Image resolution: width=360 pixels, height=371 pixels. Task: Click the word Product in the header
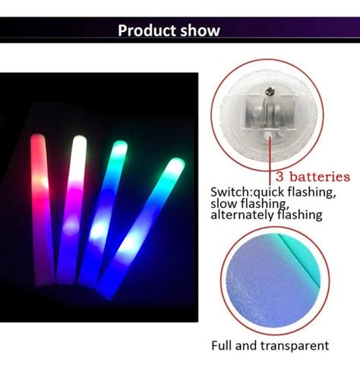click(x=147, y=31)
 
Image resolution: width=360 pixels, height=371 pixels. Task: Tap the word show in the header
click(x=201, y=30)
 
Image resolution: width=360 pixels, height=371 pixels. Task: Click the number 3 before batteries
click(x=279, y=177)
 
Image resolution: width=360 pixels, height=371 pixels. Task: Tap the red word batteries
click(x=320, y=176)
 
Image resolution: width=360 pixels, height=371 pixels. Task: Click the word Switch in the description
click(x=230, y=192)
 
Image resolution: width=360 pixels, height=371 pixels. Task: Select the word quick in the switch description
click(x=269, y=193)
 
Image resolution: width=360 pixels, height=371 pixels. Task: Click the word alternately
click(x=242, y=215)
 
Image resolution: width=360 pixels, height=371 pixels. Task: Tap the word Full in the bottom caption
click(x=222, y=345)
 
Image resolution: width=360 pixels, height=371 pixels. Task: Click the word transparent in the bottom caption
click(x=295, y=346)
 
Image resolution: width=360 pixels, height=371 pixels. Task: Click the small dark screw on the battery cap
click(x=270, y=91)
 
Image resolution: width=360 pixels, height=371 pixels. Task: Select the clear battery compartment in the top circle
click(x=270, y=112)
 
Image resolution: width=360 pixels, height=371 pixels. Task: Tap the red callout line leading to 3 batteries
click(x=270, y=161)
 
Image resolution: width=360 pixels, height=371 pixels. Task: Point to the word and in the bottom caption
click(x=246, y=345)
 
